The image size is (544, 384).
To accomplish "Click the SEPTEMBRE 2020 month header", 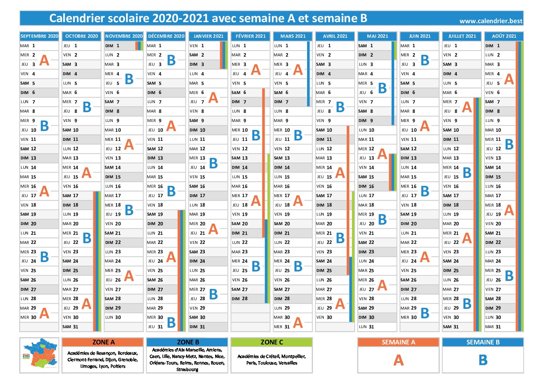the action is [39, 36].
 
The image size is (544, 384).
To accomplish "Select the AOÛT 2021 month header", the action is [504, 36].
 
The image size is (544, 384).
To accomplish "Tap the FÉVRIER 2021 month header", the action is [250, 36].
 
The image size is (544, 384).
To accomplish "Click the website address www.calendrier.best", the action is [491, 21].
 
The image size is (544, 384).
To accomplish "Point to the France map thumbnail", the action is [39, 355].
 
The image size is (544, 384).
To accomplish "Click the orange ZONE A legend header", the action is [103, 342].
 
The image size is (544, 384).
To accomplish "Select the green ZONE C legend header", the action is [271, 342].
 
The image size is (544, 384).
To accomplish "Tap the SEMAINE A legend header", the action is [398, 342].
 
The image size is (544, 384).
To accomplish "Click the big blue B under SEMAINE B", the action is [483, 360].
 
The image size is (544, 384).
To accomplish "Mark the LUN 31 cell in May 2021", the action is [377, 327].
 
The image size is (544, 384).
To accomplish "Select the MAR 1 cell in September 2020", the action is [39, 46].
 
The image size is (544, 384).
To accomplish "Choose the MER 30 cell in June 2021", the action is [419, 317].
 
